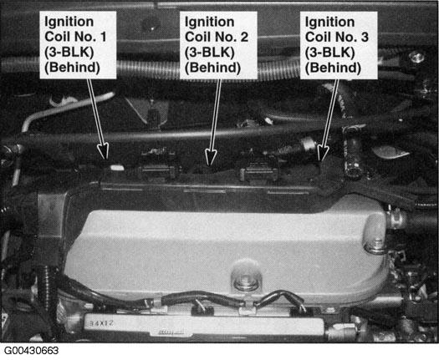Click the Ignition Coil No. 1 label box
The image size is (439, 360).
tap(78, 45)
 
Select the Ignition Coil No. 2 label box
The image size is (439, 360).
tap(218, 45)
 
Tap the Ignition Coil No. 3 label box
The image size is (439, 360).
tap(339, 45)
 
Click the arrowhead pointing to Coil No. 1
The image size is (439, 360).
tap(103, 151)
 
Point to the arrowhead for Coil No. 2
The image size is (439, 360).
tap(211, 157)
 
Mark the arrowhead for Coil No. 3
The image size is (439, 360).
tap(323, 153)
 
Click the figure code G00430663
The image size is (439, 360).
tap(32, 351)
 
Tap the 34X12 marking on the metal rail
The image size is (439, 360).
tap(101, 323)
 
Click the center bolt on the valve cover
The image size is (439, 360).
tap(246, 280)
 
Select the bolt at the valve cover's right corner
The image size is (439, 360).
tap(375, 246)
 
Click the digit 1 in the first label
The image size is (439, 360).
tap(103, 37)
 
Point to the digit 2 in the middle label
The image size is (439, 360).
tap(244, 37)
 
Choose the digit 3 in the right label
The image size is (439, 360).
tap(365, 37)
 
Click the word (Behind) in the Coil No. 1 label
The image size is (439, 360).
tap(72, 68)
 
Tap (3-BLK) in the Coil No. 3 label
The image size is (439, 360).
tap(329, 53)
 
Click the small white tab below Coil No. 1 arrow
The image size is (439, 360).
tap(117, 168)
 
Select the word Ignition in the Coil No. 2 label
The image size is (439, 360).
tap(209, 22)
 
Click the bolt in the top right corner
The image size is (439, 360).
tap(416, 58)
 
